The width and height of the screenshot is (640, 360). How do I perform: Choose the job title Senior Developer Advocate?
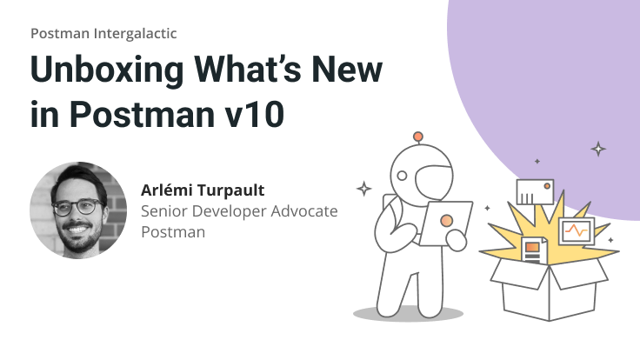tap(238, 211)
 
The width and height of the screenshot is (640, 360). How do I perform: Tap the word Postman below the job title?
tap(170, 232)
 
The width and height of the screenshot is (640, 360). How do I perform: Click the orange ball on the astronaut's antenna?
tap(418, 137)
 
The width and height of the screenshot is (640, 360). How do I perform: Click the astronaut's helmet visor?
tap(435, 178)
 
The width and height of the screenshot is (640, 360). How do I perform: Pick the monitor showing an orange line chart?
tap(575, 231)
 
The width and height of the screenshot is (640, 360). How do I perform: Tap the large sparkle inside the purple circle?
tap(598, 149)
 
